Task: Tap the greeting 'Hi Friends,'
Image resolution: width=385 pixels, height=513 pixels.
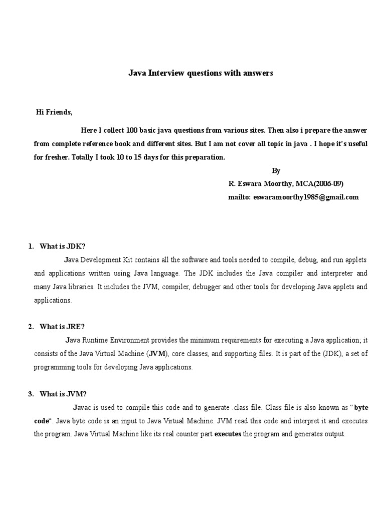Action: [54, 112]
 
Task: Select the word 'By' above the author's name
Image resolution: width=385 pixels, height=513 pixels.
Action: [276, 170]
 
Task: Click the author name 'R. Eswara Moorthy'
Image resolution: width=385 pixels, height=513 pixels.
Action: [258, 184]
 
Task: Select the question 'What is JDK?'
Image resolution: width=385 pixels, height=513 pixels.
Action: [63, 246]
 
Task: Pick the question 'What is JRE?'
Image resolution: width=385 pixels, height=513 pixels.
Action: [62, 327]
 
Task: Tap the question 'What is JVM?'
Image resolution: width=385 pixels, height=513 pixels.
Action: [63, 394]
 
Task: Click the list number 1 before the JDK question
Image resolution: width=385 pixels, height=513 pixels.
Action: [31, 246]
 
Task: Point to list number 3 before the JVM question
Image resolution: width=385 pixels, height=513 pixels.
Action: [31, 394]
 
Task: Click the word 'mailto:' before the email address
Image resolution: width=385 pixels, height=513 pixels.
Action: [240, 197]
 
